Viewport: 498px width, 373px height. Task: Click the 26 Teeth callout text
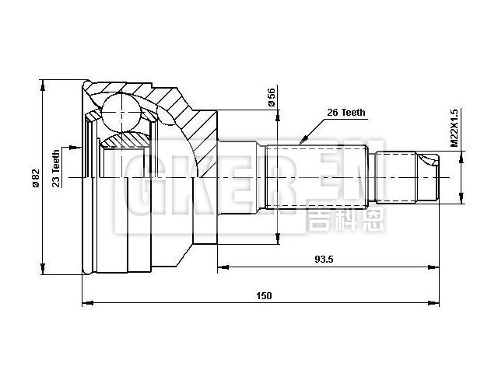point(345,113)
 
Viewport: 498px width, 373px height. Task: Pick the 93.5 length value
point(324,260)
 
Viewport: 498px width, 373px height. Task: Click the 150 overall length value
point(263,295)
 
